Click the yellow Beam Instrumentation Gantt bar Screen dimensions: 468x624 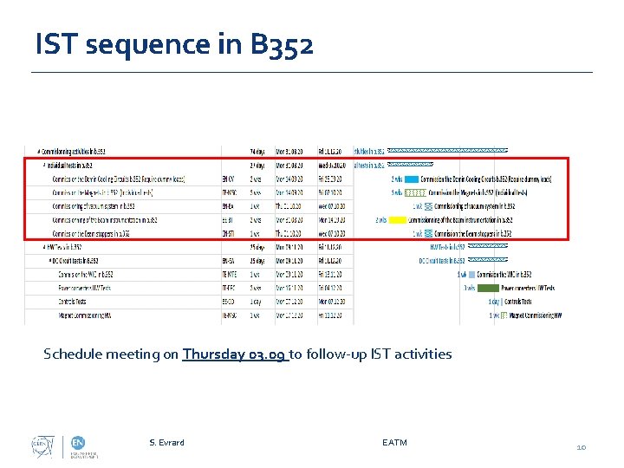[x=397, y=220]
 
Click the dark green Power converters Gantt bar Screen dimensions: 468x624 [x=489, y=288]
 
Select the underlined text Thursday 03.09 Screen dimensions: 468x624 [x=234, y=354]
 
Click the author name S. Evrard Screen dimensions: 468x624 [x=166, y=443]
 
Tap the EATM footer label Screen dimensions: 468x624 [x=394, y=443]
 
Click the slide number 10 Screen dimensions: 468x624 [x=582, y=447]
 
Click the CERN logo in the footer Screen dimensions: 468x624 [x=41, y=445]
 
